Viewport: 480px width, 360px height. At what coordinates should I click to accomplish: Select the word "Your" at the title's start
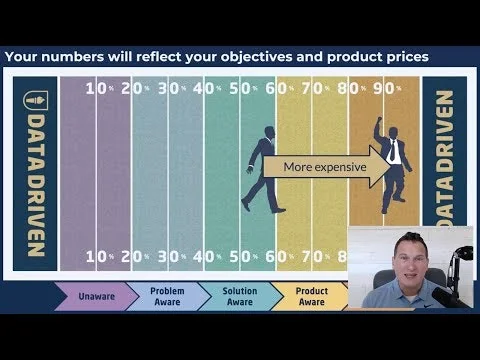click(x=23, y=57)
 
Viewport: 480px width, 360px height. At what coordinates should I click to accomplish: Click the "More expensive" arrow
click(x=324, y=167)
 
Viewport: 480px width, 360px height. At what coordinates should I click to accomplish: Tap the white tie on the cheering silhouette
click(x=395, y=151)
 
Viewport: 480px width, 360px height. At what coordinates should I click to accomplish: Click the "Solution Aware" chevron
click(x=238, y=296)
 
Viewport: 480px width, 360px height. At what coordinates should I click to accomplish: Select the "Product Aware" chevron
click(x=311, y=296)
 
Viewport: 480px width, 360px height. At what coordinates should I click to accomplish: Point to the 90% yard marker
click(x=384, y=87)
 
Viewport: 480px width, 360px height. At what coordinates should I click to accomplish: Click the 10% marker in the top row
click(x=96, y=87)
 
